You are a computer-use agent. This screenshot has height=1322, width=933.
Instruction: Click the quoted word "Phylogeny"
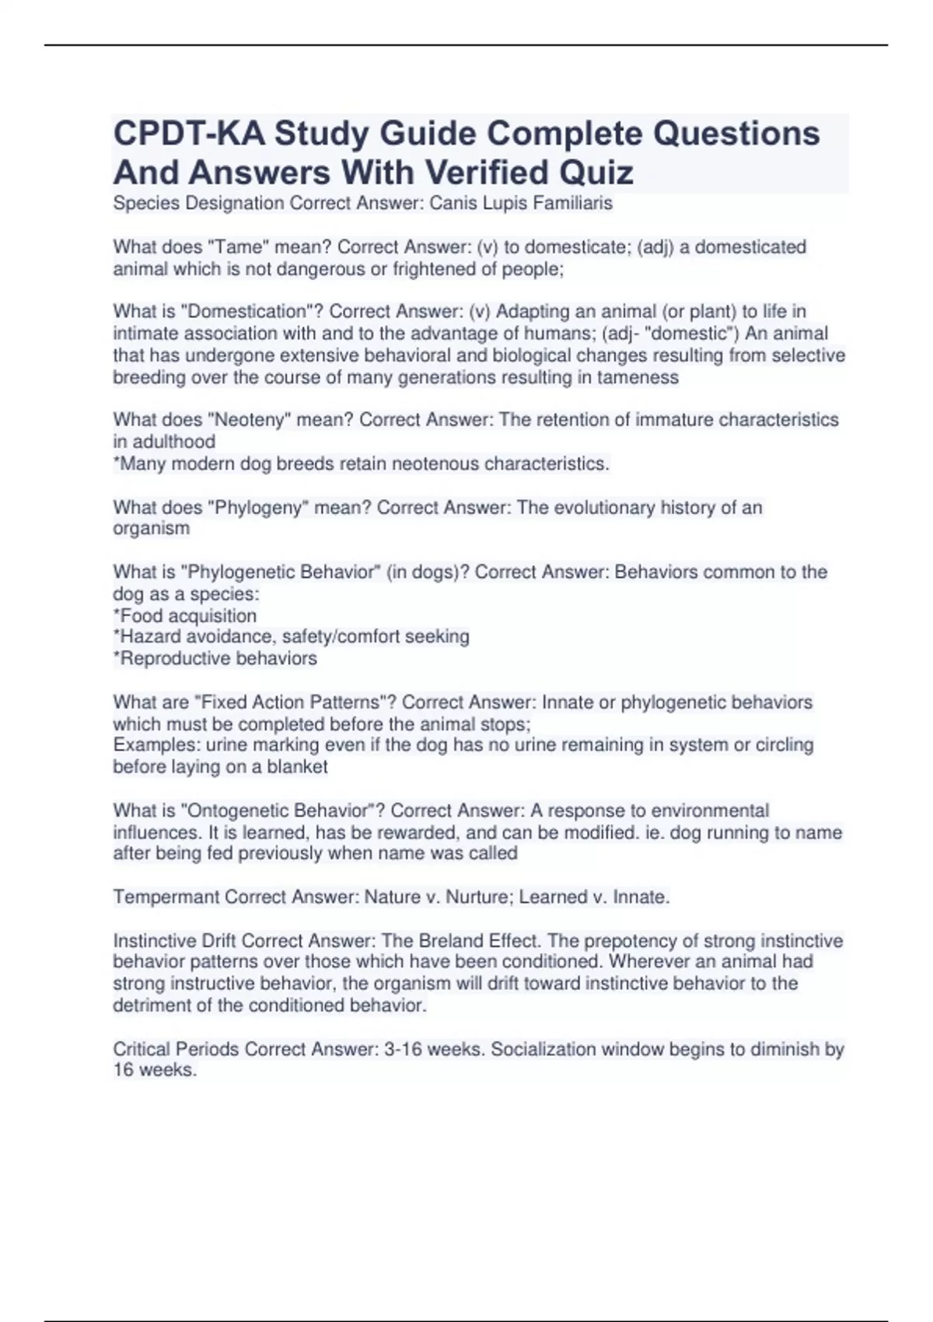click(x=257, y=508)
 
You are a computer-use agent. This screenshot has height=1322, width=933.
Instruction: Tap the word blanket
click(x=297, y=767)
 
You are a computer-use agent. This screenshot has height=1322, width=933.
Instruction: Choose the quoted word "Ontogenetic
click(x=236, y=811)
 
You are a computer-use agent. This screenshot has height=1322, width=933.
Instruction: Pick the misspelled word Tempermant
click(x=166, y=897)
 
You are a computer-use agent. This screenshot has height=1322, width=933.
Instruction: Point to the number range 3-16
click(x=402, y=1050)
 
